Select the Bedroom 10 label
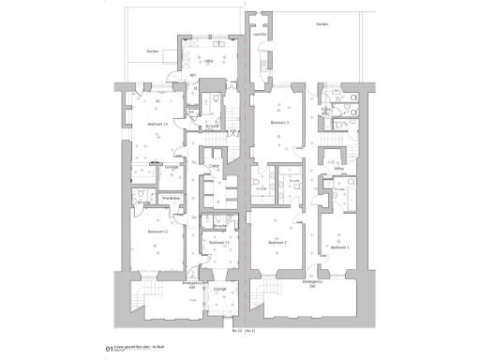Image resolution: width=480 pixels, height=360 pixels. point(157,124)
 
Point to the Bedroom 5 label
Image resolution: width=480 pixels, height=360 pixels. point(279,123)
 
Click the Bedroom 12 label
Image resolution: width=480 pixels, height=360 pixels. point(157,232)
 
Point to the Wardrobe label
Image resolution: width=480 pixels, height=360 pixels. point(171,198)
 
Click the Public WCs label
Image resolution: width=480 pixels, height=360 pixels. point(327,110)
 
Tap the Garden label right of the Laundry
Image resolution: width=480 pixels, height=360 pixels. point(322,24)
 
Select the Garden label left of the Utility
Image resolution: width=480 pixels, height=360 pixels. point(152,52)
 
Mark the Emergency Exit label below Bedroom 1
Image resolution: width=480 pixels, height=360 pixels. point(312,282)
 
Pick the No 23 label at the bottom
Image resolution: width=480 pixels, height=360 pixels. point(236,330)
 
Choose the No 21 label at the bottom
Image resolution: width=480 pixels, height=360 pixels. point(252,330)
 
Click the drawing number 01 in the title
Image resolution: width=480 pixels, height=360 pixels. point(110,348)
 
